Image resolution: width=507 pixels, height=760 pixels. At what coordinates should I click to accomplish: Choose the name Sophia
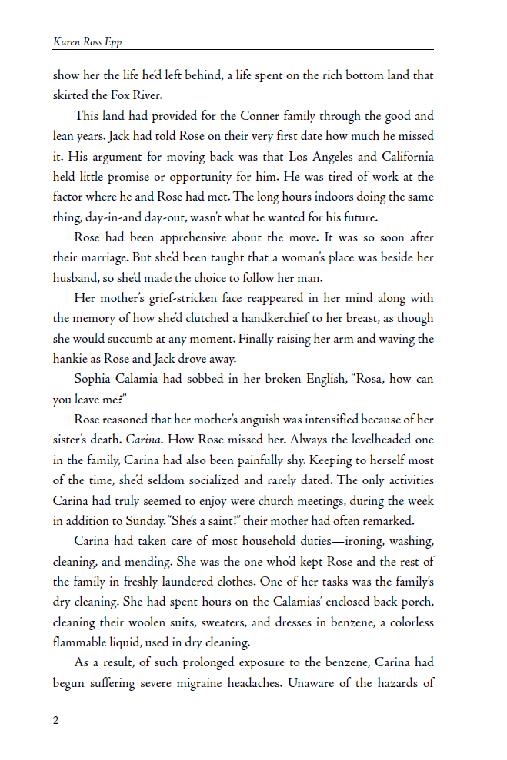pos(96,378)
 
